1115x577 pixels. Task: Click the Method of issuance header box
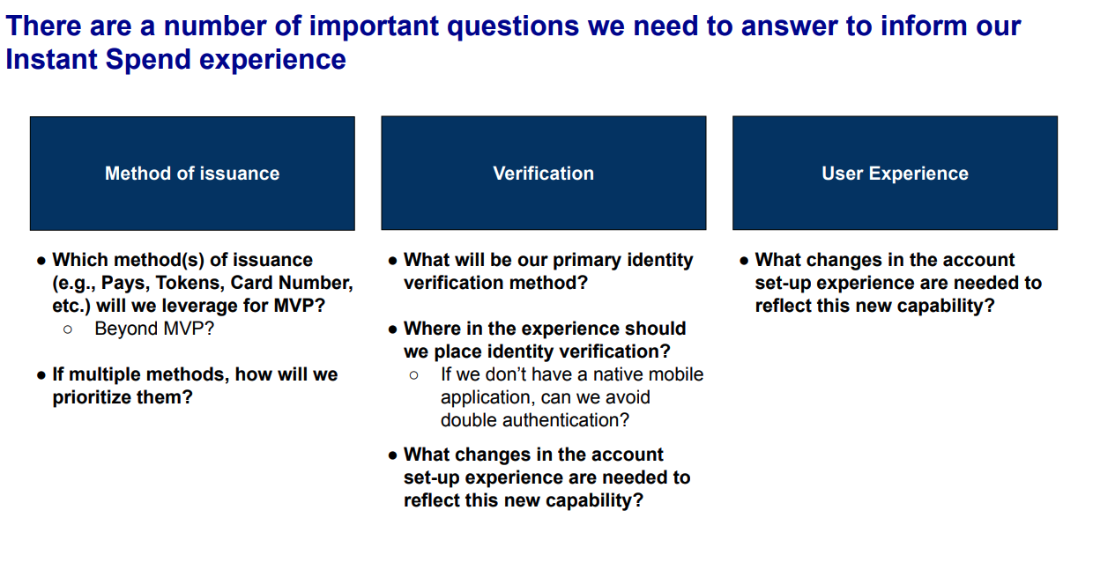point(192,174)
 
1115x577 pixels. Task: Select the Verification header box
point(543,174)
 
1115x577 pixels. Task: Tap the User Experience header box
point(895,174)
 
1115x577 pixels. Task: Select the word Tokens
point(190,283)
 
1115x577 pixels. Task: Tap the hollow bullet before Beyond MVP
point(68,329)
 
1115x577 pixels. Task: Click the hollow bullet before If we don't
point(414,375)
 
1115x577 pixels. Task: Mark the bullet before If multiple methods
point(41,375)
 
